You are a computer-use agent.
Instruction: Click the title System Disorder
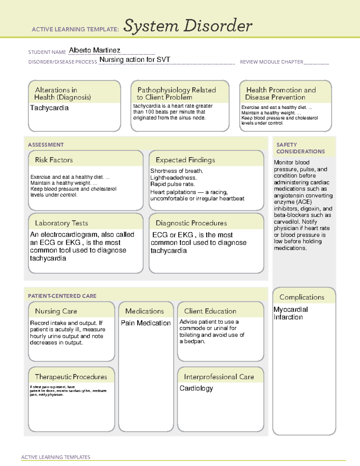[188, 26]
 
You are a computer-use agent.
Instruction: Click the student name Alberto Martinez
[94, 50]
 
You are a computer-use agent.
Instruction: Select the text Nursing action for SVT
[135, 60]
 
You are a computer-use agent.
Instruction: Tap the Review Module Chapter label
[271, 62]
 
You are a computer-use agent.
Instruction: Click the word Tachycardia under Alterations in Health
[49, 108]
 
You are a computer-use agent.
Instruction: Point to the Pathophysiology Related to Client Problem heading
[176, 94]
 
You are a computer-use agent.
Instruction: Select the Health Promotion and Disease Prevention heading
[281, 94]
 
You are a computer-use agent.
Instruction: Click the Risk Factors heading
[54, 160]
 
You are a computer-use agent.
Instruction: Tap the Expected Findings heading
[185, 160]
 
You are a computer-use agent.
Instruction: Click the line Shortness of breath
[177, 171]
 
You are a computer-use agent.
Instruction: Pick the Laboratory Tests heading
[61, 223]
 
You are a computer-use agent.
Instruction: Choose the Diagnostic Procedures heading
[191, 223]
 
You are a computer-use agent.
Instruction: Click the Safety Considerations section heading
[300, 148]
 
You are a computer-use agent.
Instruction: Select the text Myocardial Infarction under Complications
[290, 313]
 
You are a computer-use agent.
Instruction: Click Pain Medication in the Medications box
[145, 323]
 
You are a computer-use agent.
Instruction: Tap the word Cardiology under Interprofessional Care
[196, 388]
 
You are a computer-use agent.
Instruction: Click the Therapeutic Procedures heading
[71, 377]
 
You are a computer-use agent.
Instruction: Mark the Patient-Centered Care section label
[62, 296]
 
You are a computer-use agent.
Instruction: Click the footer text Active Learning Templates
[55, 457]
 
